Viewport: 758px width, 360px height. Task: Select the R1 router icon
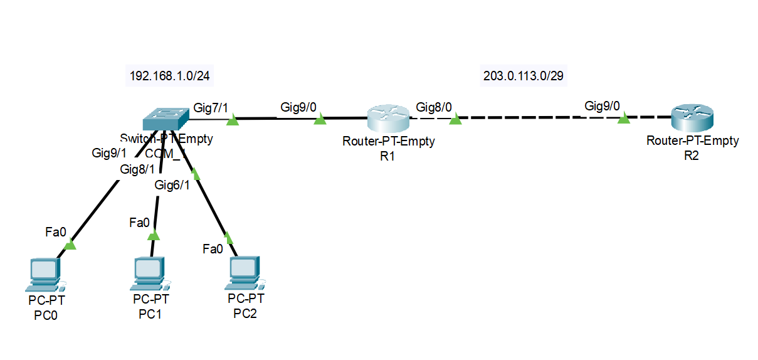(x=387, y=118)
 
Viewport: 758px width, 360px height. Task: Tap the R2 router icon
(x=692, y=117)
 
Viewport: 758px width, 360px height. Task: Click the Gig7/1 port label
(x=211, y=107)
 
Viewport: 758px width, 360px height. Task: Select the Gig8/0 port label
(x=434, y=107)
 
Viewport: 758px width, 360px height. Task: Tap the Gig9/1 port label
(x=109, y=152)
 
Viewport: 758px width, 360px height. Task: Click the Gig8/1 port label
(x=137, y=169)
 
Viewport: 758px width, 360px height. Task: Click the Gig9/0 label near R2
(x=602, y=105)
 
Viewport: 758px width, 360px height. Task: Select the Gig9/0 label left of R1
(x=298, y=107)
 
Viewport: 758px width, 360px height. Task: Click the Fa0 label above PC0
(x=55, y=232)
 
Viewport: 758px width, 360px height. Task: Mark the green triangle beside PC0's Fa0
(x=70, y=244)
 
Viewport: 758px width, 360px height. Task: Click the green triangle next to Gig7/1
(x=232, y=118)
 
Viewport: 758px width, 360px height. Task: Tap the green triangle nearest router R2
(x=623, y=118)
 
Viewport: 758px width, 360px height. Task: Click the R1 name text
(x=387, y=156)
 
